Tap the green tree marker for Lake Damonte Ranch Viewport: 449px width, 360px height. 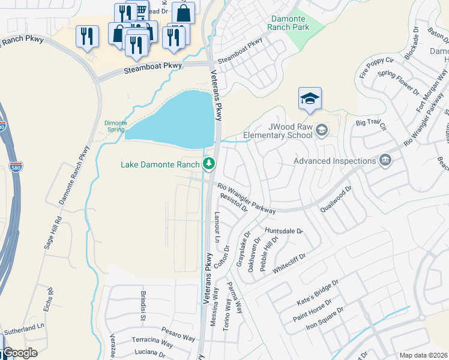(x=209, y=163)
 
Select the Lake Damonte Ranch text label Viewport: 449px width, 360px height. (x=160, y=164)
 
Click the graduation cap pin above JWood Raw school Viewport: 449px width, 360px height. (x=310, y=99)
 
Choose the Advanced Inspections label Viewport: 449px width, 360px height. (x=334, y=161)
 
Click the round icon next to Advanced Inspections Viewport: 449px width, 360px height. (x=385, y=160)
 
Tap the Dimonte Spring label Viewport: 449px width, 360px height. (x=115, y=125)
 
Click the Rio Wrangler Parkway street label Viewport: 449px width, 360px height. (x=246, y=199)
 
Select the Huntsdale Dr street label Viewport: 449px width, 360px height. (x=284, y=230)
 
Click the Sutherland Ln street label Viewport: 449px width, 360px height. (x=24, y=328)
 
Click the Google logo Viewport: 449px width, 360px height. (x=20, y=353)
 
